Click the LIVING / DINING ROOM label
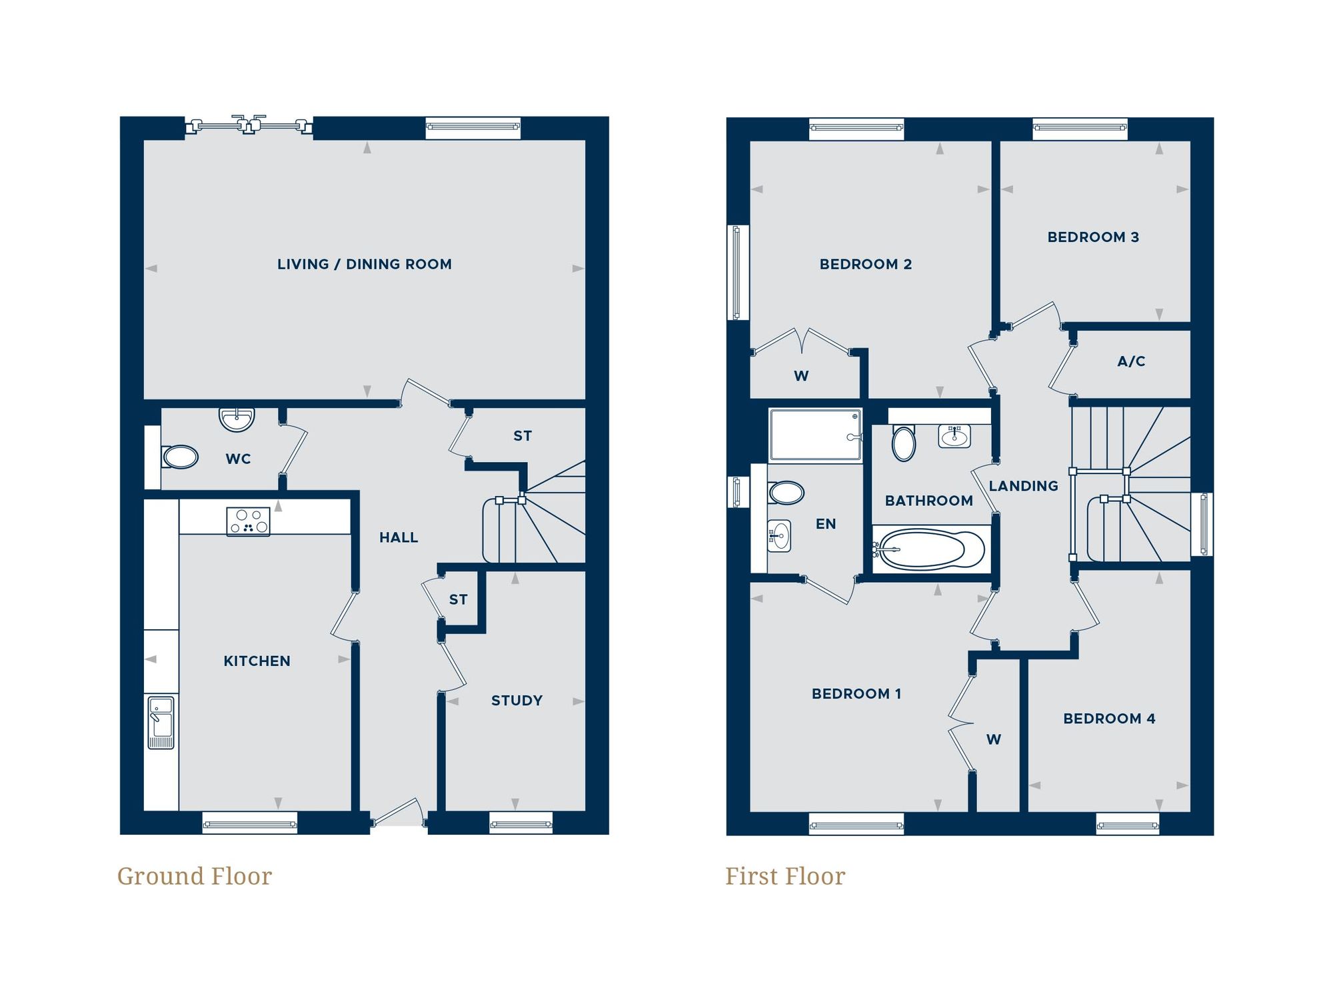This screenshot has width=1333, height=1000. (364, 264)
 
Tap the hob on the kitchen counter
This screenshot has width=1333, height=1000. (248, 521)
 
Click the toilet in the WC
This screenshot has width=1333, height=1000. (180, 457)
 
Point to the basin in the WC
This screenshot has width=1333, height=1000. (237, 419)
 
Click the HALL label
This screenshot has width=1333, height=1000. (399, 537)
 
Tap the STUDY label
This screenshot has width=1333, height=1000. (517, 701)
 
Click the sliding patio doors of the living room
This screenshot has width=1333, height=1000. (249, 125)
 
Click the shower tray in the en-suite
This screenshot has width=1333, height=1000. (814, 435)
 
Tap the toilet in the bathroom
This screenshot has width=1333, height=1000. (903, 443)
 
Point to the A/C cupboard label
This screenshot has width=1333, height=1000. (1131, 361)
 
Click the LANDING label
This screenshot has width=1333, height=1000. (1023, 486)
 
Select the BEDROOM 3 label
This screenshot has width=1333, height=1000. (1093, 237)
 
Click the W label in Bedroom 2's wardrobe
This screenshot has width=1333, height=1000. (801, 376)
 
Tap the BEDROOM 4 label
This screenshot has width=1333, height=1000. (1109, 719)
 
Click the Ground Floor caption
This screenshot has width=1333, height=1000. (195, 876)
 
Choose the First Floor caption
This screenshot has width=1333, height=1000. (785, 876)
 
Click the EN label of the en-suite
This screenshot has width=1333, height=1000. (825, 524)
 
